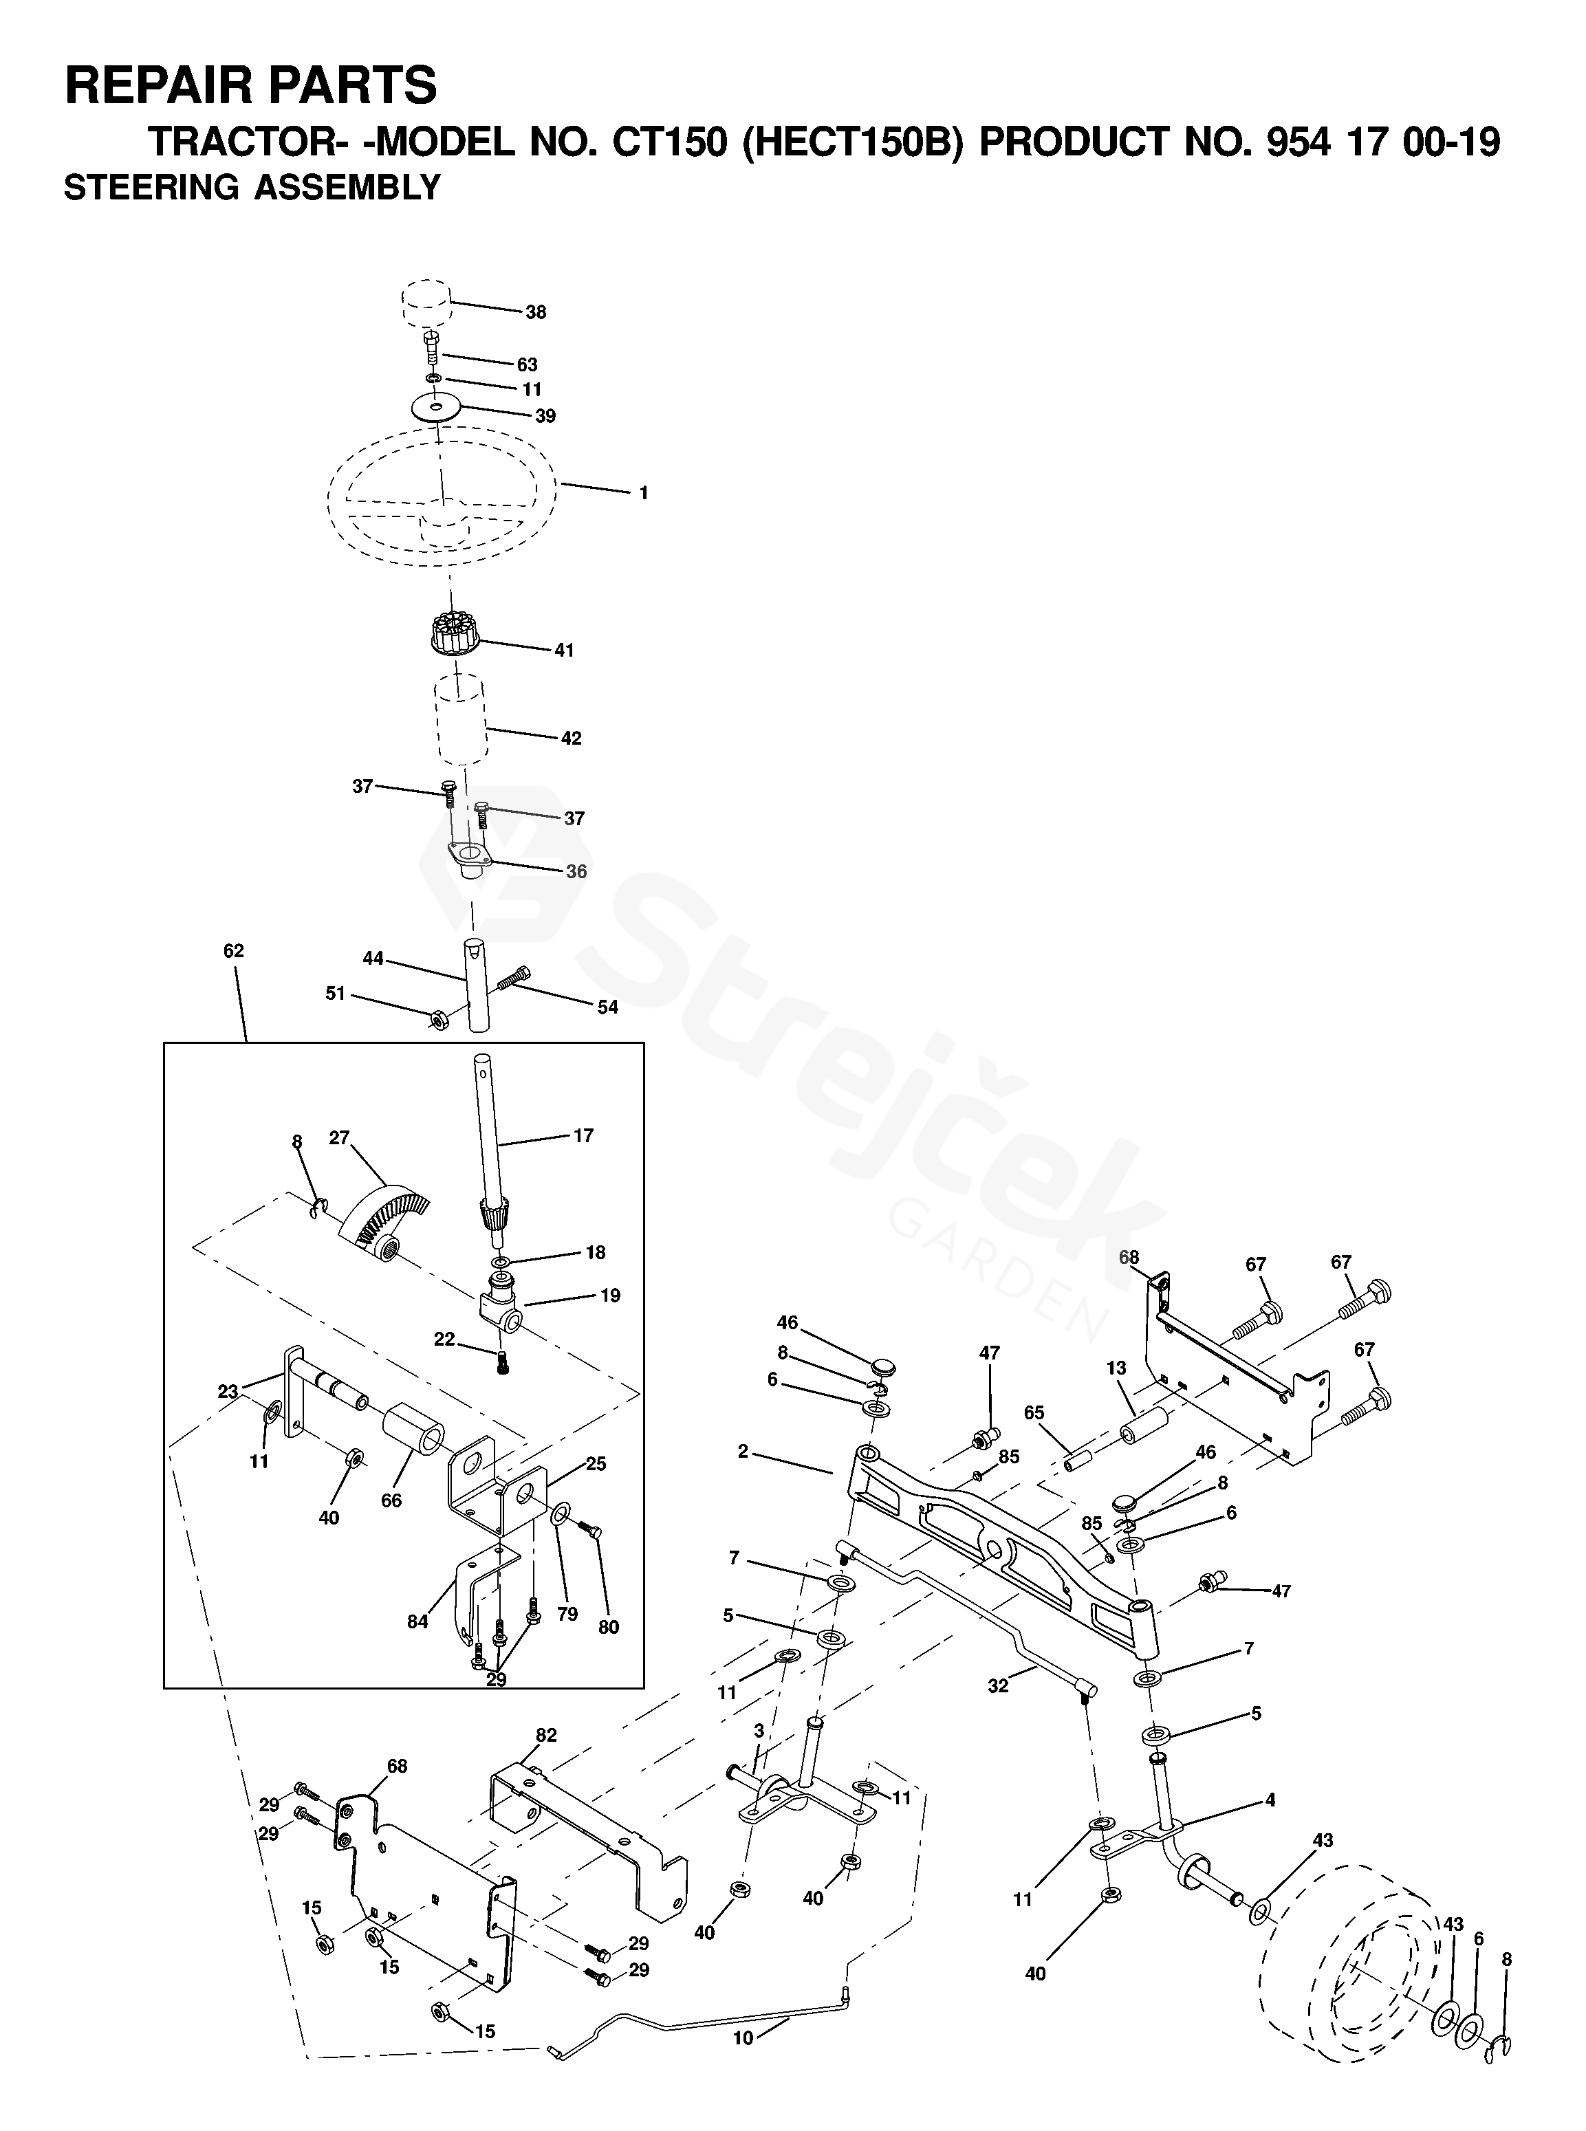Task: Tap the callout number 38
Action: [536, 312]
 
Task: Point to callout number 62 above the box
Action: [233, 951]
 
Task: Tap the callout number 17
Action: [584, 1135]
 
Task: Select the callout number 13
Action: [1116, 1368]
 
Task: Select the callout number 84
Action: [417, 1622]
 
